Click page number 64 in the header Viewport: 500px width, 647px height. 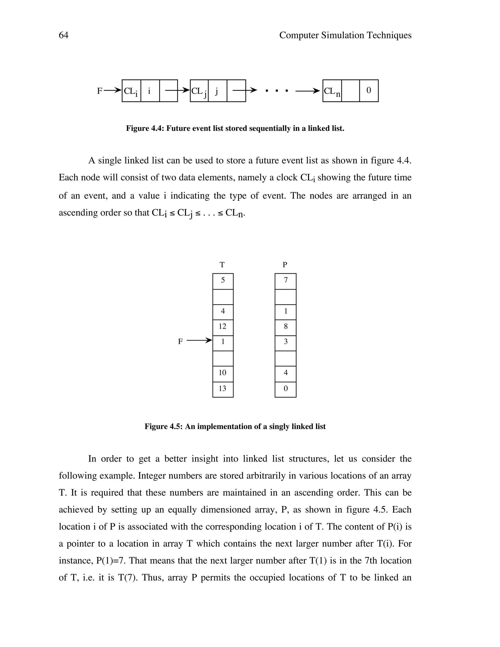tap(63, 35)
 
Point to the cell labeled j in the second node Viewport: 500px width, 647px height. tap(217, 91)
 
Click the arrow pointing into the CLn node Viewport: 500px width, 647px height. tap(308, 91)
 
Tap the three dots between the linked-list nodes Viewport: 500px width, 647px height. tap(277, 91)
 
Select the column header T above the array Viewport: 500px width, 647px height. tap(222, 265)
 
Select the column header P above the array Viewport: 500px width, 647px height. tap(285, 265)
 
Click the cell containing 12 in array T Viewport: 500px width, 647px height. tap(223, 326)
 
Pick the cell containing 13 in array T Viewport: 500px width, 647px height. tap(223, 388)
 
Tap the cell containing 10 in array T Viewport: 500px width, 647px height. tap(223, 373)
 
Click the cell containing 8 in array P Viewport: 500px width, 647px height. tap(286, 326)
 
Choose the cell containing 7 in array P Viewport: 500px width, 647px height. tap(286, 280)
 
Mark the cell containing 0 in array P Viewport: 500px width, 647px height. tap(286, 388)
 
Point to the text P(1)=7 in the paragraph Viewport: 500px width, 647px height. tap(111, 561)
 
